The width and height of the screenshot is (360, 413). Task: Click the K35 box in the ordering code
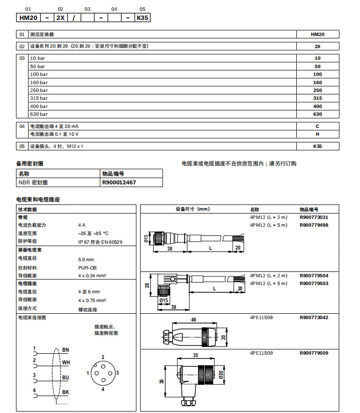(x=142, y=18)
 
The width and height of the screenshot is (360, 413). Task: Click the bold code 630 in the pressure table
(x=318, y=114)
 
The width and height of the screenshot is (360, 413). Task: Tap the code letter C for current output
(x=318, y=126)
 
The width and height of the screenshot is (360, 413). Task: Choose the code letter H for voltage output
(x=318, y=134)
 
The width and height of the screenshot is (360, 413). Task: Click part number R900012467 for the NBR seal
(x=119, y=182)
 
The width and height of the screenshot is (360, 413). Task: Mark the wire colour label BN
(x=66, y=350)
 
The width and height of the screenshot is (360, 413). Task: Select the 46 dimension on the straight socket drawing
(x=193, y=320)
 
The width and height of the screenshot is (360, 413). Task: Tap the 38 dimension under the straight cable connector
(x=169, y=248)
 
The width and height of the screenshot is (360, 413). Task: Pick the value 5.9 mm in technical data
(x=86, y=260)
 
